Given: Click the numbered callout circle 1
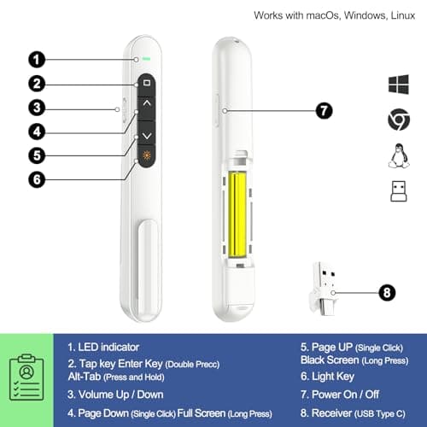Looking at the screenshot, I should click(x=37, y=59).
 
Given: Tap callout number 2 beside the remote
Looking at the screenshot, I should click(x=37, y=83).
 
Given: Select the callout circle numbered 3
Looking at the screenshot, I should click(x=37, y=108).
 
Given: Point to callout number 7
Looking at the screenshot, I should click(x=323, y=110).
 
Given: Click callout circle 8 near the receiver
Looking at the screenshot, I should click(x=387, y=292).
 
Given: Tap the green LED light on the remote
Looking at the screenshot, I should click(x=147, y=60).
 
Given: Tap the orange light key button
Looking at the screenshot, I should click(x=147, y=156).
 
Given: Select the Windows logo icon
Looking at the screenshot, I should click(x=398, y=84).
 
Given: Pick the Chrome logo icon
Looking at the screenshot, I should click(x=398, y=120).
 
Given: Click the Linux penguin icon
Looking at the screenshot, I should click(x=398, y=155).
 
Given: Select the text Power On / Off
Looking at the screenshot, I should click(x=342, y=395).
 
